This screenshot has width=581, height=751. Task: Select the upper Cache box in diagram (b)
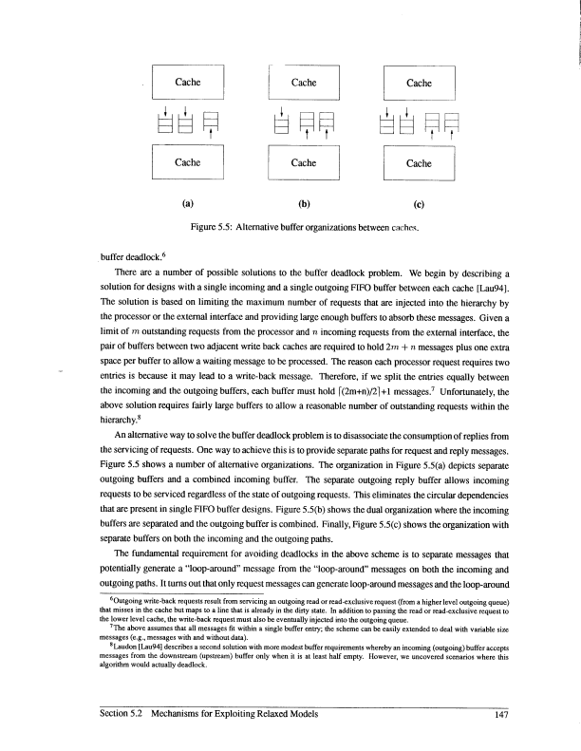(304, 83)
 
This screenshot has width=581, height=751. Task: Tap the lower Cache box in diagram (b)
(304, 162)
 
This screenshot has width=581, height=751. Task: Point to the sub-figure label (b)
(304, 201)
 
